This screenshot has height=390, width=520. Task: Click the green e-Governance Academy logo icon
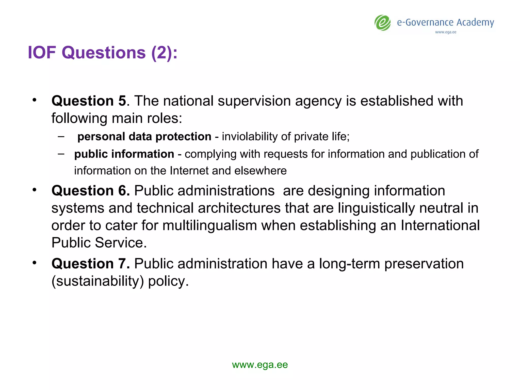pyautogui.click(x=383, y=23)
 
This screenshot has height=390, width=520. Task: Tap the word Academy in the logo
pyautogui.click(x=475, y=23)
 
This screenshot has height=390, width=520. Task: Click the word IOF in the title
pyautogui.click(x=42, y=53)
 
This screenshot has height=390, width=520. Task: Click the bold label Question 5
pyautogui.click(x=89, y=101)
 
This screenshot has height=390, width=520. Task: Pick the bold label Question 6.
pyautogui.click(x=90, y=190)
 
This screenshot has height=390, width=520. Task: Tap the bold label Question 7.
pyautogui.click(x=90, y=264)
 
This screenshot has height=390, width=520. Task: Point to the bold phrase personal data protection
pyautogui.click(x=144, y=137)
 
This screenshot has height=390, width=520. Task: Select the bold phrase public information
pyautogui.click(x=124, y=154)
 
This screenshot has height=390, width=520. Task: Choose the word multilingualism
pyautogui.click(x=209, y=225)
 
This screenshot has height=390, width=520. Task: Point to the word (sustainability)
pyautogui.click(x=97, y=281)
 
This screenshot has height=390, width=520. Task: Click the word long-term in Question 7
pyautogui.click(x=349, y=264)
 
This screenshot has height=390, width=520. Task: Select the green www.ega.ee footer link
pyautogui.click(x=260, y=365)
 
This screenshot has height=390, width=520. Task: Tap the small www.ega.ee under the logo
pyautogui.click(x=446, y=32)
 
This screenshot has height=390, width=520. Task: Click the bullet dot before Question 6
pyautogui.click(x=35, y=190)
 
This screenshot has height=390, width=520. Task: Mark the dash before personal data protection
pyautogui.click(x=61, y=137)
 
